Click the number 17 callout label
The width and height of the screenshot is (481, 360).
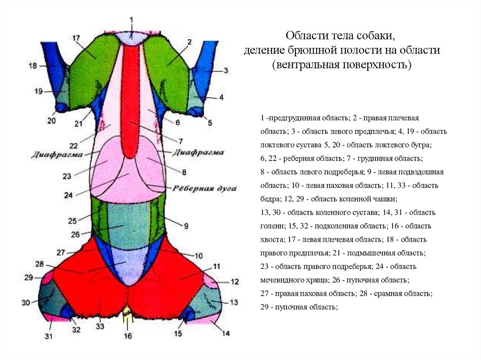click(x=77, y=38)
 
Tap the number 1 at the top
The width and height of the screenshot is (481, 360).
click(x=132, y=20)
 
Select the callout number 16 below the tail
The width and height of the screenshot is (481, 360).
click(x=128, y=336)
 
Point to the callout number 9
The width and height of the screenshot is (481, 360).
click(x=186, y=226)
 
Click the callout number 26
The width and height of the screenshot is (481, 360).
click(x=76, y=234)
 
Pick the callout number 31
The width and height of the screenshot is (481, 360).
click(x=48, y=336)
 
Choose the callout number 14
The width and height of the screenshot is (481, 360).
click(x=226, y=334)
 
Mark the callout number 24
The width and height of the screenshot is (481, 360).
click(x=69, y=195)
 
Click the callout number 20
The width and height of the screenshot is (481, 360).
click(x=51, y=121)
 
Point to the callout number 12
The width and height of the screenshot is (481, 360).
click(x=234, y=282)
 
